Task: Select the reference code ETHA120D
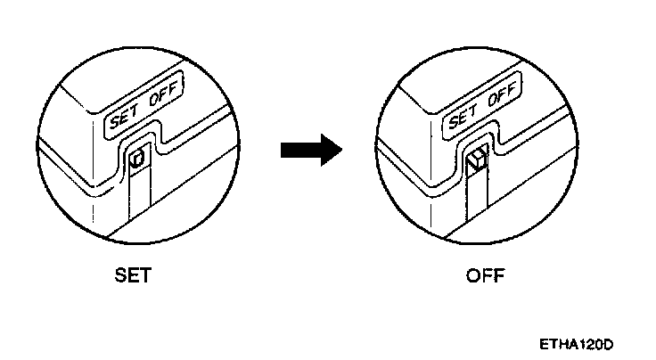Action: (577, 344)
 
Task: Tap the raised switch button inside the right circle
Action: (477, 160)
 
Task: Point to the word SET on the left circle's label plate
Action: (122, 117)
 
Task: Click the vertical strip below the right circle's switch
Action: (479, 198)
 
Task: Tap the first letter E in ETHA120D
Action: (543, 344)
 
